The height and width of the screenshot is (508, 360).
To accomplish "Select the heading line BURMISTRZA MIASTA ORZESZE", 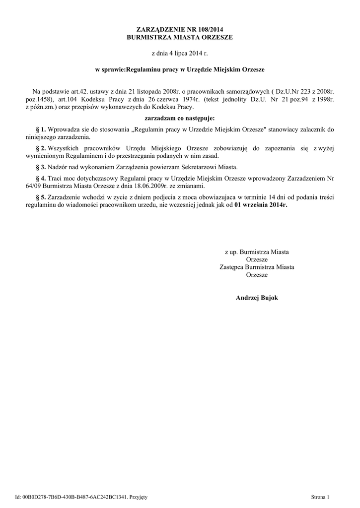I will click(180, 37).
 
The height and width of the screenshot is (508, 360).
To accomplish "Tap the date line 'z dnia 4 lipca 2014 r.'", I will click(180, 52).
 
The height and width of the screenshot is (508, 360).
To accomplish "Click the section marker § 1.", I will click(42, 129).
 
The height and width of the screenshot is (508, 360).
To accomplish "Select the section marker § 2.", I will click(42, 148).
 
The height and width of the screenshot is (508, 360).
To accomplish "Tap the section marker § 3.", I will click(42, 167).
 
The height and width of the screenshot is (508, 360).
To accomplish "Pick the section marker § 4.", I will click(42, 178).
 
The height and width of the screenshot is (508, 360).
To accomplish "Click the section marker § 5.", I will click(42, 196).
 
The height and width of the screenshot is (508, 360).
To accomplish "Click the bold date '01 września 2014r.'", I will click(261, 204).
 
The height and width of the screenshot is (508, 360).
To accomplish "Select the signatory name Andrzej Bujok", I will click(257, 297).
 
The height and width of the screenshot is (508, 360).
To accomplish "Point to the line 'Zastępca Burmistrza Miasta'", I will click(257, 267).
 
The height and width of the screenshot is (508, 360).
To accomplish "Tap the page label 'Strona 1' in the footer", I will click(320, 497).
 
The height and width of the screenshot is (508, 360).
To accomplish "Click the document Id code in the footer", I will click(74, 497).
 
